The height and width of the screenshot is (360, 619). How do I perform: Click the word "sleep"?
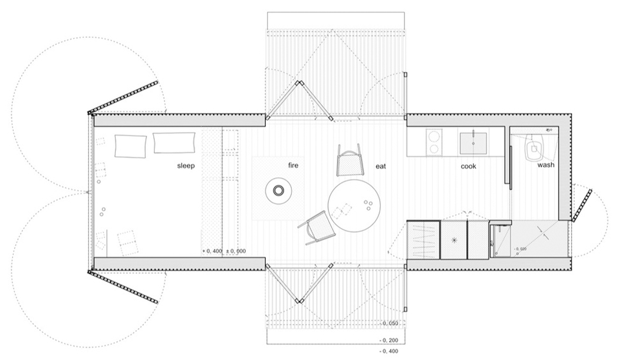click(x=186, y=166)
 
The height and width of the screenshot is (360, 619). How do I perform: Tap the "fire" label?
click(x=293, y=166)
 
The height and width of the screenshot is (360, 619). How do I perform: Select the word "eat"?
click(x=380, y=167)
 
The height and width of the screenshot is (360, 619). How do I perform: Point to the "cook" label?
click(x=469, y=167)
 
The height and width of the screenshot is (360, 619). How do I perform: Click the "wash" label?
click(x=545, y=166)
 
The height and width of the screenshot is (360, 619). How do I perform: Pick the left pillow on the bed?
click(x=131, y=146)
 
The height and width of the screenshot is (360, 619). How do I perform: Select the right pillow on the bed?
click(x=174, y=143)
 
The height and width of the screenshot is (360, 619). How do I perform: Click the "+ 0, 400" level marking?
click(x=212, y=252)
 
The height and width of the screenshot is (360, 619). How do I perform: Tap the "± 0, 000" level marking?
click(x=235, y=252)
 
